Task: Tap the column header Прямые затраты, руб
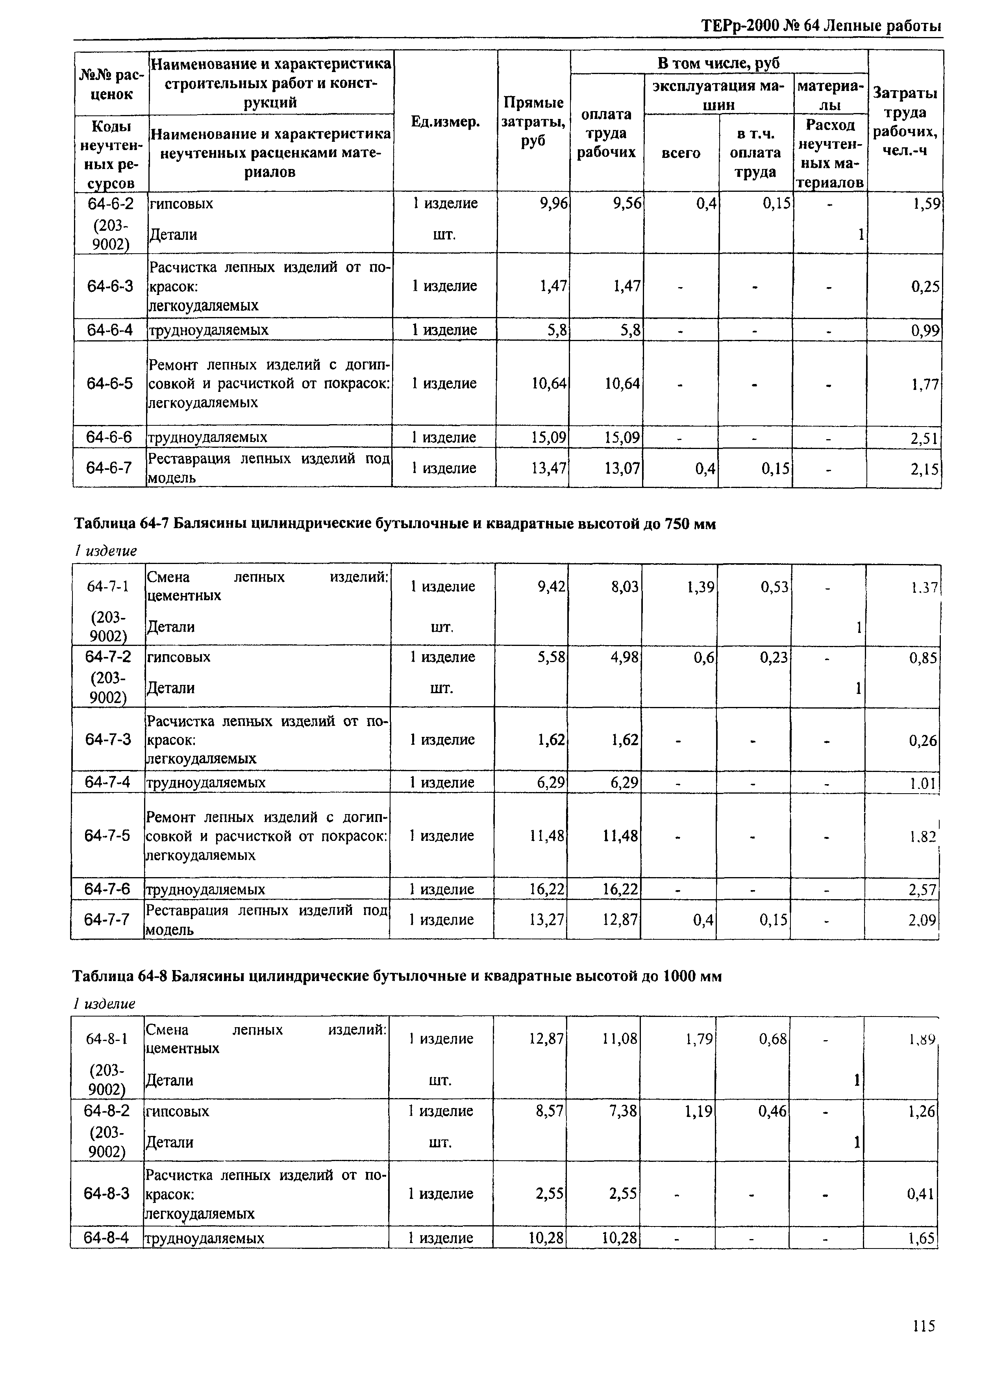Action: [533, 121]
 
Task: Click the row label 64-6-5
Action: [109, 383]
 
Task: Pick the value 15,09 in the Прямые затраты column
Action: [548, 437]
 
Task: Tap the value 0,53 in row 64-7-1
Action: [774, 586]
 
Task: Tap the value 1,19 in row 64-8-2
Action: [699, 1111]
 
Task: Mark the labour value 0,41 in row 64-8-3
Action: [921, 1194]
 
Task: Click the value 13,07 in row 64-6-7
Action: [622, 468]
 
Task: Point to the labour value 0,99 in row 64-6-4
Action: [925, 330]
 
